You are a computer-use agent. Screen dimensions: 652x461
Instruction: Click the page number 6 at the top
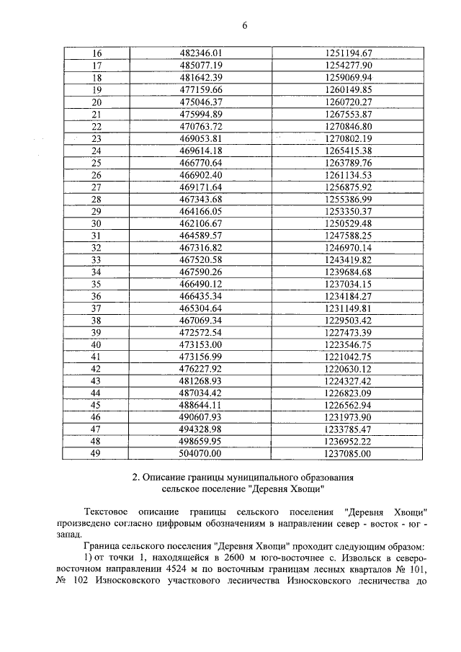pyautogui.click(x=244, y=26)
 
